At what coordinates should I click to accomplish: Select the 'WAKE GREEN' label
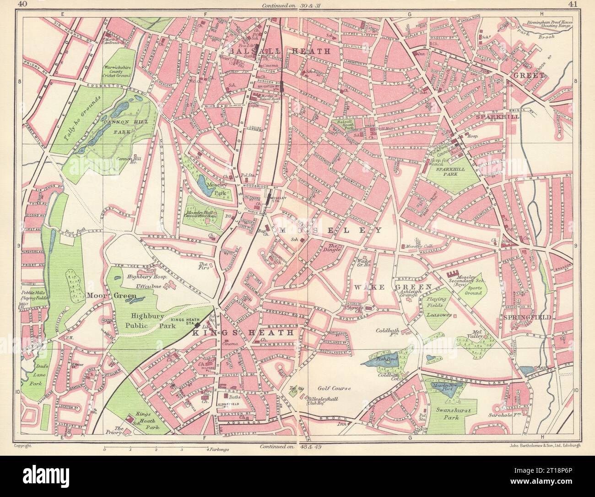tap(393, 287)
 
